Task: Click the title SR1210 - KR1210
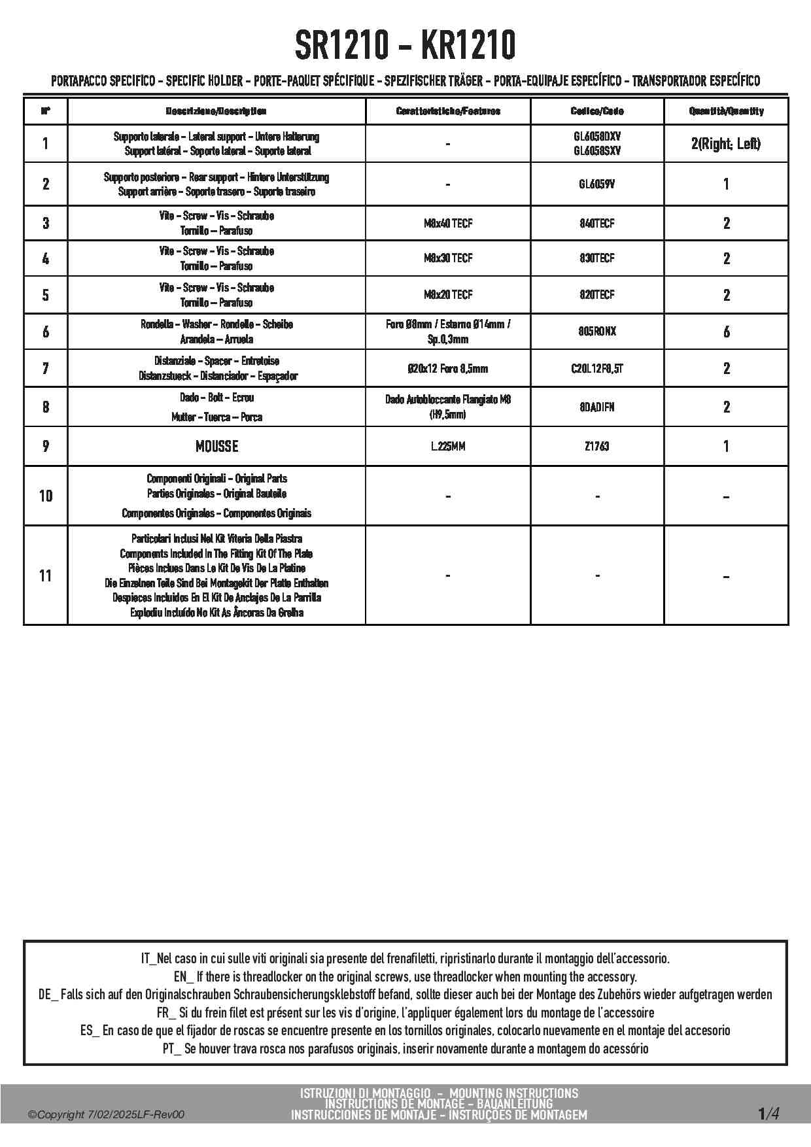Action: click(x=405, y=46)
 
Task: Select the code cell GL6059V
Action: click(x=596, y=184)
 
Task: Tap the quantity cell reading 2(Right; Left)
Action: click(x=725, y=144)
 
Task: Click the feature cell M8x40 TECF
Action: click(x=447, y=224)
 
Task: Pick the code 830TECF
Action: click(x=596, y=258)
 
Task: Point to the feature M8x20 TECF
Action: click(x=447, y=295)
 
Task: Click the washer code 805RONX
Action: click(x=596, y=332)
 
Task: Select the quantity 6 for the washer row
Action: click(x=726, y=332)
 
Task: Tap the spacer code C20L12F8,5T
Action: click(x=596, y=369)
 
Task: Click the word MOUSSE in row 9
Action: click(x=216, y=447)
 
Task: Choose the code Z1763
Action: click(x=596, y=447)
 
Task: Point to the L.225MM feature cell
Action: click(x=447, y=447)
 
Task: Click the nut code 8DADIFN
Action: click(x=596, y=407)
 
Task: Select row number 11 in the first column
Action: click(x=45, y=576)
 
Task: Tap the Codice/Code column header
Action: click(x=596, y=111)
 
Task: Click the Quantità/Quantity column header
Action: click(x=725, y=111)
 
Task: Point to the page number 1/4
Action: click(x=768, y=1113)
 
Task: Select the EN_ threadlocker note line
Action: click(x=405, y=977)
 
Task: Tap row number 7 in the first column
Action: click(x=45, y=369)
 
